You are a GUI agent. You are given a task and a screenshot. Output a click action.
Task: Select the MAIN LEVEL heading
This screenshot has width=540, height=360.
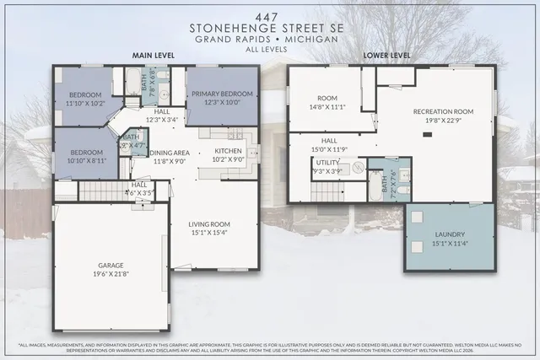[153, 55]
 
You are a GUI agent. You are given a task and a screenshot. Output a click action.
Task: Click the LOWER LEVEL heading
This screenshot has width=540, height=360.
[386, 55]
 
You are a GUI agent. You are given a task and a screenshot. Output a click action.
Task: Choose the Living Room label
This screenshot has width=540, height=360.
[209, 226]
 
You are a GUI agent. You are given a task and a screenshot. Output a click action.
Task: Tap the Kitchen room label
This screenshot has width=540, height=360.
[227, 154]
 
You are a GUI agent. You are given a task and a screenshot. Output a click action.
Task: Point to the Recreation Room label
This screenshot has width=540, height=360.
[435, 116]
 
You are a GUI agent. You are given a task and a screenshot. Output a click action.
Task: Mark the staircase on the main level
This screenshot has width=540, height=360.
[105, 191]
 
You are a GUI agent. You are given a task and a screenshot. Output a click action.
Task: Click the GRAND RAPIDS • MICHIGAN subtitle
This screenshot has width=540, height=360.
[270, 39]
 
